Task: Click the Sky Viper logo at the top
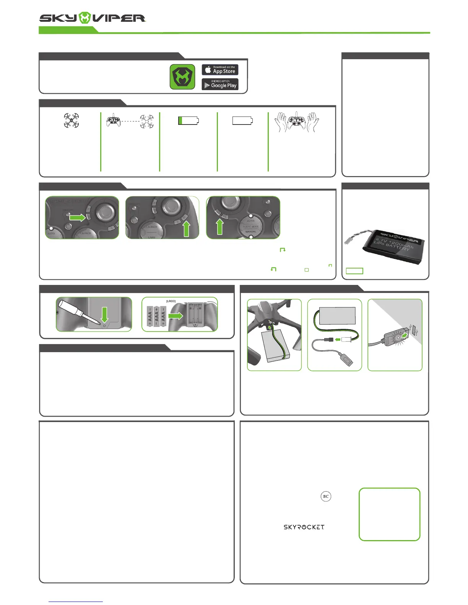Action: (x=93, y=18)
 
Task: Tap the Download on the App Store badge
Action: (x=220, y=70)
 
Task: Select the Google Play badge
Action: (x=220, y=84)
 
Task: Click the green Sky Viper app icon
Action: (x=182, y=77)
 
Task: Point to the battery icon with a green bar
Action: (x=188, y=121)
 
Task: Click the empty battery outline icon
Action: (x=243, y=121)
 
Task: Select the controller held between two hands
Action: (x=297, y=121)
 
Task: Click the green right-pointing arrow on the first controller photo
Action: (x=78, y=217)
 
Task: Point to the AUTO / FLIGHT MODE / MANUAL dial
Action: (x=250, y=226)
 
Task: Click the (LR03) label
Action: (x=171, y=301)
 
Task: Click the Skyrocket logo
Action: (x=304, y=527)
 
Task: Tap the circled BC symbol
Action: (x=326, y=497)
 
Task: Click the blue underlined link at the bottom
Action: (x=76, y=602)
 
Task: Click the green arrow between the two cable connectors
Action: (x=337, y=340)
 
